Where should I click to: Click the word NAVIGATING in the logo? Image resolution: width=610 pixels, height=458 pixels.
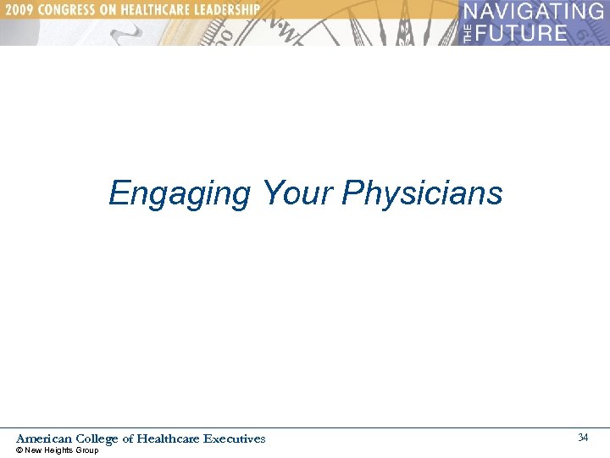(534, 12)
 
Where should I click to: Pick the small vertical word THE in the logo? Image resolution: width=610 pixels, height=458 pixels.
(468, 33)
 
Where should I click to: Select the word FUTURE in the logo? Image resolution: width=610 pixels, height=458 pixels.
(520, 33)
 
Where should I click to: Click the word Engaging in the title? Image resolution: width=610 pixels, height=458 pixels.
(180, 194)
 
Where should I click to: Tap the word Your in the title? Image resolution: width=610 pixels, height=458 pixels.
(296, 193)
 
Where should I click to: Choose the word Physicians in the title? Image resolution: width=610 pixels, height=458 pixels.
(422, 194)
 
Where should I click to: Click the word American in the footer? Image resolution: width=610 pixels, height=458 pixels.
(44, 438)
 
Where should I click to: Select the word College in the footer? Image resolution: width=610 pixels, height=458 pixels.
(97, 439)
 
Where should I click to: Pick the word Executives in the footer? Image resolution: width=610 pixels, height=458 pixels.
(235, 438)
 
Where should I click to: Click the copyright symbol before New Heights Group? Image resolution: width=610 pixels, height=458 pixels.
(19, 450)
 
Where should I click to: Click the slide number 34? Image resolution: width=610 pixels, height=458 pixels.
(583, 438)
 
